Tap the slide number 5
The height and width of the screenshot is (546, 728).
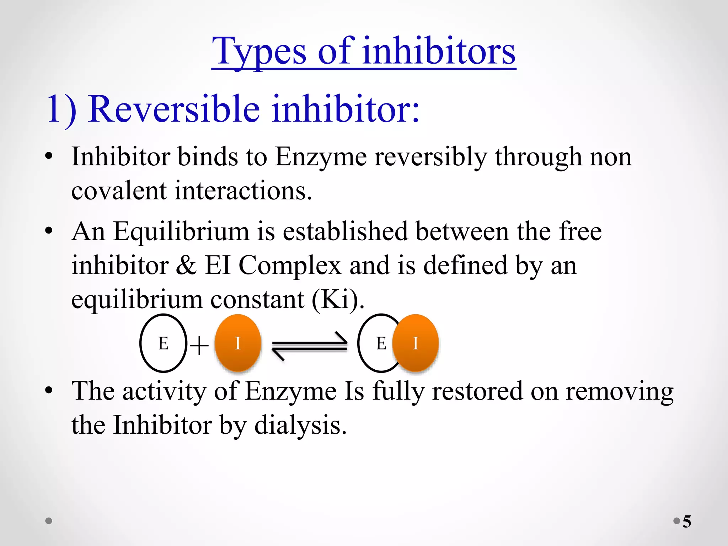coord(687,521)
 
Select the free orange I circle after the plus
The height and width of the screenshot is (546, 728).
coord(238,343)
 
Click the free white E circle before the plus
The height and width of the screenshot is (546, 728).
coord(163,343)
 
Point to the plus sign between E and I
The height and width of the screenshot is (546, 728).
coord(199,346)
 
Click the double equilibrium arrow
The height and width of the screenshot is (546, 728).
coord(310,346)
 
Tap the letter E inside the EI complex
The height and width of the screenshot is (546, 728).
coord(381,343)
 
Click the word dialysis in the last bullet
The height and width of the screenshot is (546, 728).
coord(300,425)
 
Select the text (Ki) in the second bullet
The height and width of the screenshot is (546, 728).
coord(338,299)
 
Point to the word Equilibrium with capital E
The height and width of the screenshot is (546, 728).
coord(181,232)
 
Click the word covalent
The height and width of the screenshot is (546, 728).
coord(119,191)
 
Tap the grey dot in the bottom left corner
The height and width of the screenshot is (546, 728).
coord(49,521)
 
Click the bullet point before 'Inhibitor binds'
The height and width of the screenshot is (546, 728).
coord(49,156)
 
